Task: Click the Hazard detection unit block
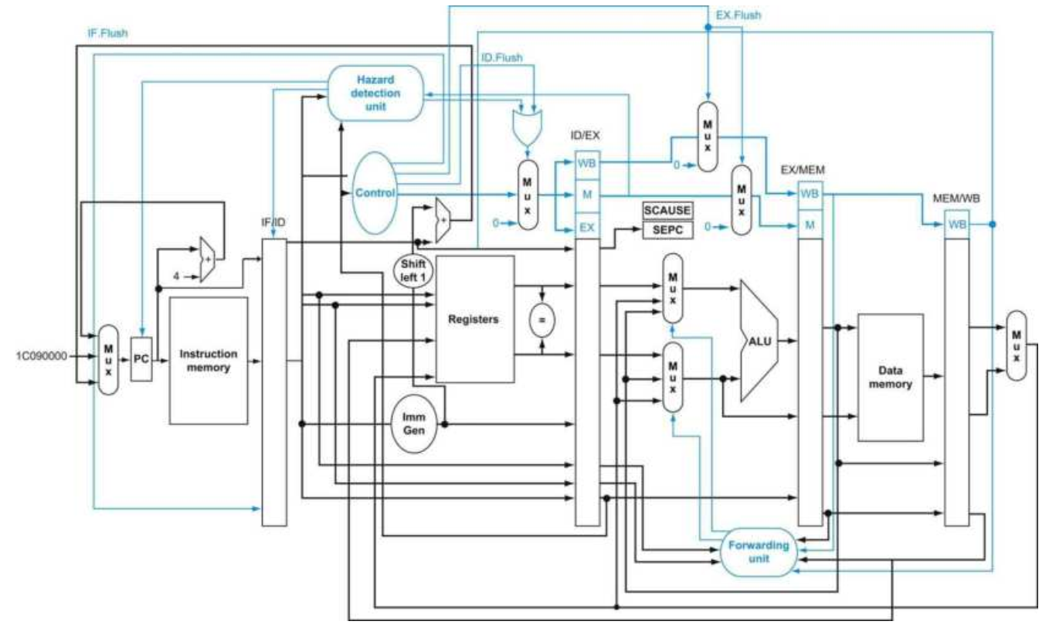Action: click(x=375, y=93)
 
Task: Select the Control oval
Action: click(x=375, y=193)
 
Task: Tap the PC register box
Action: click(x=141, y=359)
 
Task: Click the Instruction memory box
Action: click(x=209, y=361)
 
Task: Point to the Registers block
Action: click(x=475, y=319)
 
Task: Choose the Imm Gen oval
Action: click(x=414, y=424)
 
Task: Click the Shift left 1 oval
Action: click(x=413, y=270)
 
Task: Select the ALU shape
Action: click(x=759, y=341)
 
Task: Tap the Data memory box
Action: click(x=890, y=378)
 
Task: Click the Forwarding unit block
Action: click(x=759, y=552)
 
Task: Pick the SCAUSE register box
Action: click(x=667, y=210)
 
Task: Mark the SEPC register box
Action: click(x=667, y=230)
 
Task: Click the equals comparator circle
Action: click(x=541, y=321)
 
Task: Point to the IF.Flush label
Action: click(x=107, y=33)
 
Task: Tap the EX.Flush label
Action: click(x=738, y=15)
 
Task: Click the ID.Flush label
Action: click(x=502, y=58)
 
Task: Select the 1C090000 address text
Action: click(x=42, y=356)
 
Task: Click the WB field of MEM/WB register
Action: click(x=957, y=225)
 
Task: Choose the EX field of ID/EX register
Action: click(x=587, y=228)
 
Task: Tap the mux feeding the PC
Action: click(x=108, y=360)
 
